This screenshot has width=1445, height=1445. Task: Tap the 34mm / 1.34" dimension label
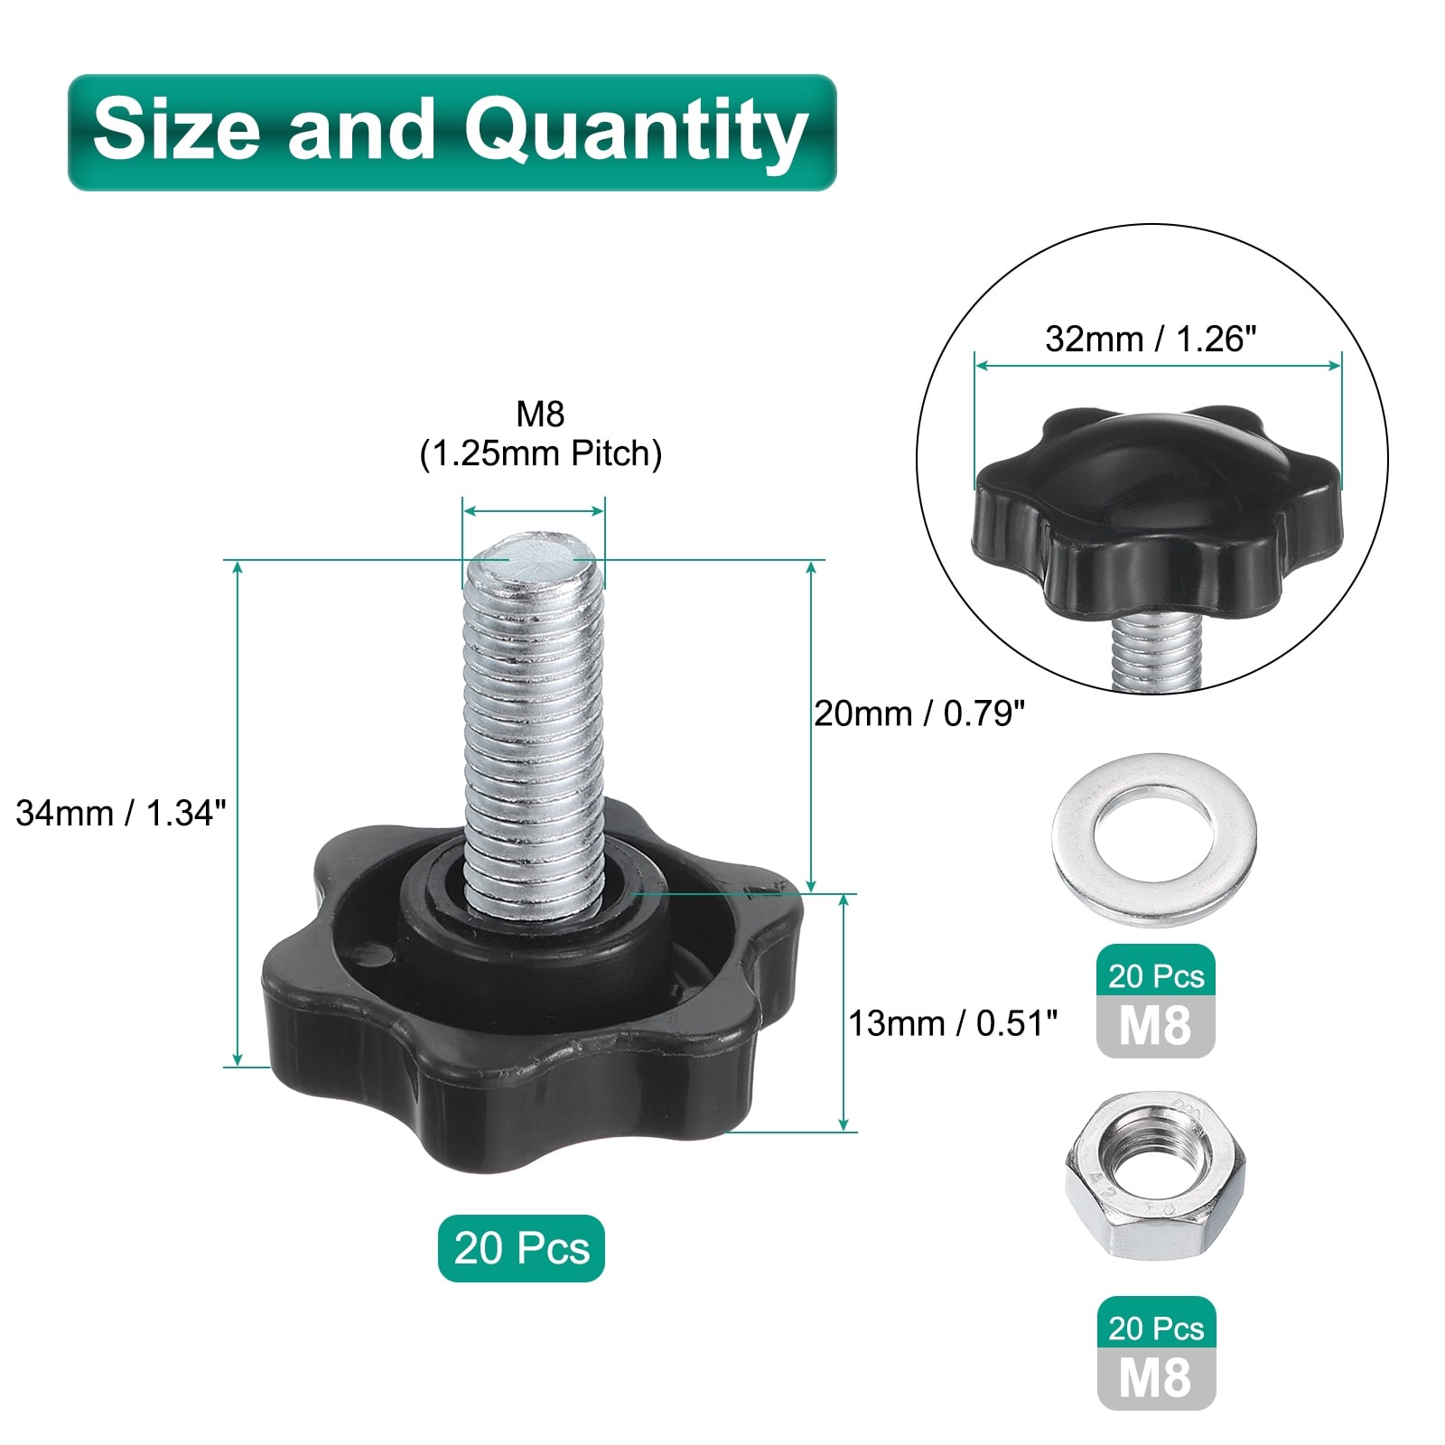pos(119,813)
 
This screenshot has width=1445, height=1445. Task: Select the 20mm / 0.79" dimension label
pos(919,713)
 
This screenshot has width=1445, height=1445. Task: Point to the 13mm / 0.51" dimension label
pos(953,1023)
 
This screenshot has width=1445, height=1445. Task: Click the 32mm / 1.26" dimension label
pos(1151,339)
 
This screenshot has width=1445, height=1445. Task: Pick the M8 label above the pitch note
pos(540,414)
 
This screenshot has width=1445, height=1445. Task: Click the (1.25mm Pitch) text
pos(541,453)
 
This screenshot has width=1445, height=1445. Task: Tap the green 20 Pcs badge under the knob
pos(521,1248)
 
